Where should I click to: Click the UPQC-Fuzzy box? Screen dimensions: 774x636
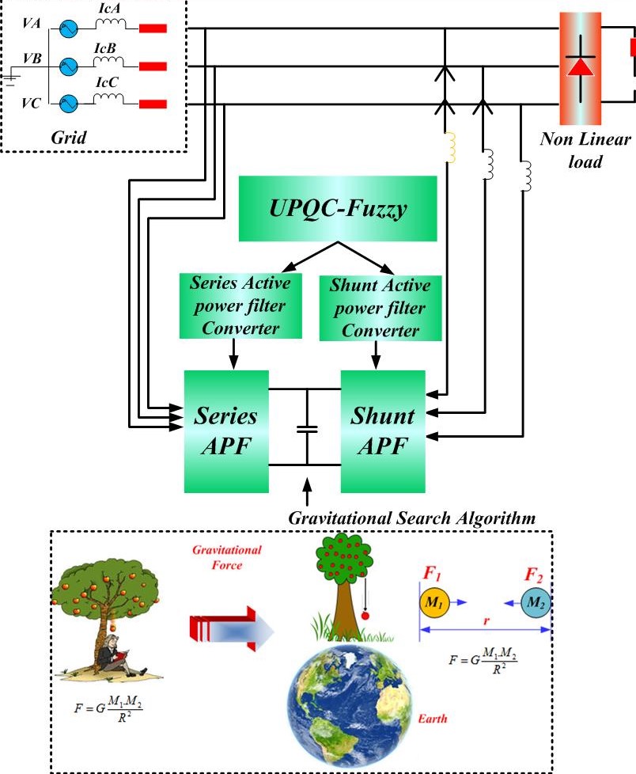tap(338, 208)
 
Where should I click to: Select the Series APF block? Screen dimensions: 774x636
tap(226, 431)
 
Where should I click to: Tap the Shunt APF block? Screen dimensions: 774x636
tap(383, 431)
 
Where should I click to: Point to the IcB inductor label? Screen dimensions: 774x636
tap(105, 48)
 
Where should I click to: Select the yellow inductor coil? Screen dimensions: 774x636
tap(451, 147)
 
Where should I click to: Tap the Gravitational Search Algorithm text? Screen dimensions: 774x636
tap(412, 518)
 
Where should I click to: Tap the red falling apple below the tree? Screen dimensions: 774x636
tap(365, 615)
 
